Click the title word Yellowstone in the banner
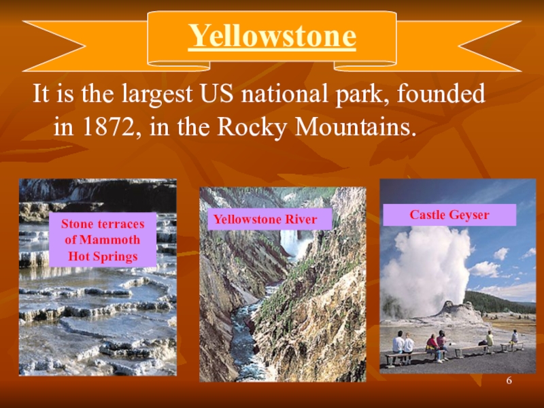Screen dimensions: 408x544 [272, 37]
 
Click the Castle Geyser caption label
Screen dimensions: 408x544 [449, 216]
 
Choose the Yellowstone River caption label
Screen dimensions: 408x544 [265, 219]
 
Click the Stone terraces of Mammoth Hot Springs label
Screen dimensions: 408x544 [103, 240]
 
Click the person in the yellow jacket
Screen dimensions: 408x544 [488, 338]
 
